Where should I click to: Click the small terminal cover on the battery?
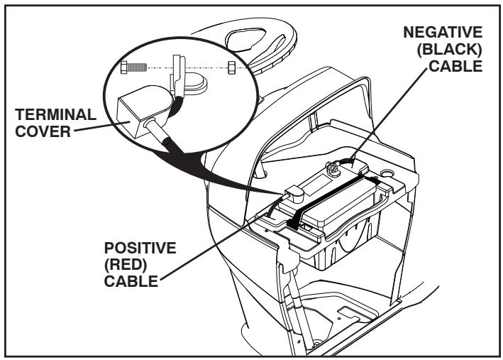(x=292, y=194)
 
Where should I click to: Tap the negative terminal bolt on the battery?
(x=330, y=168)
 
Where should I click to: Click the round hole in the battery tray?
(x=387, y=173)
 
